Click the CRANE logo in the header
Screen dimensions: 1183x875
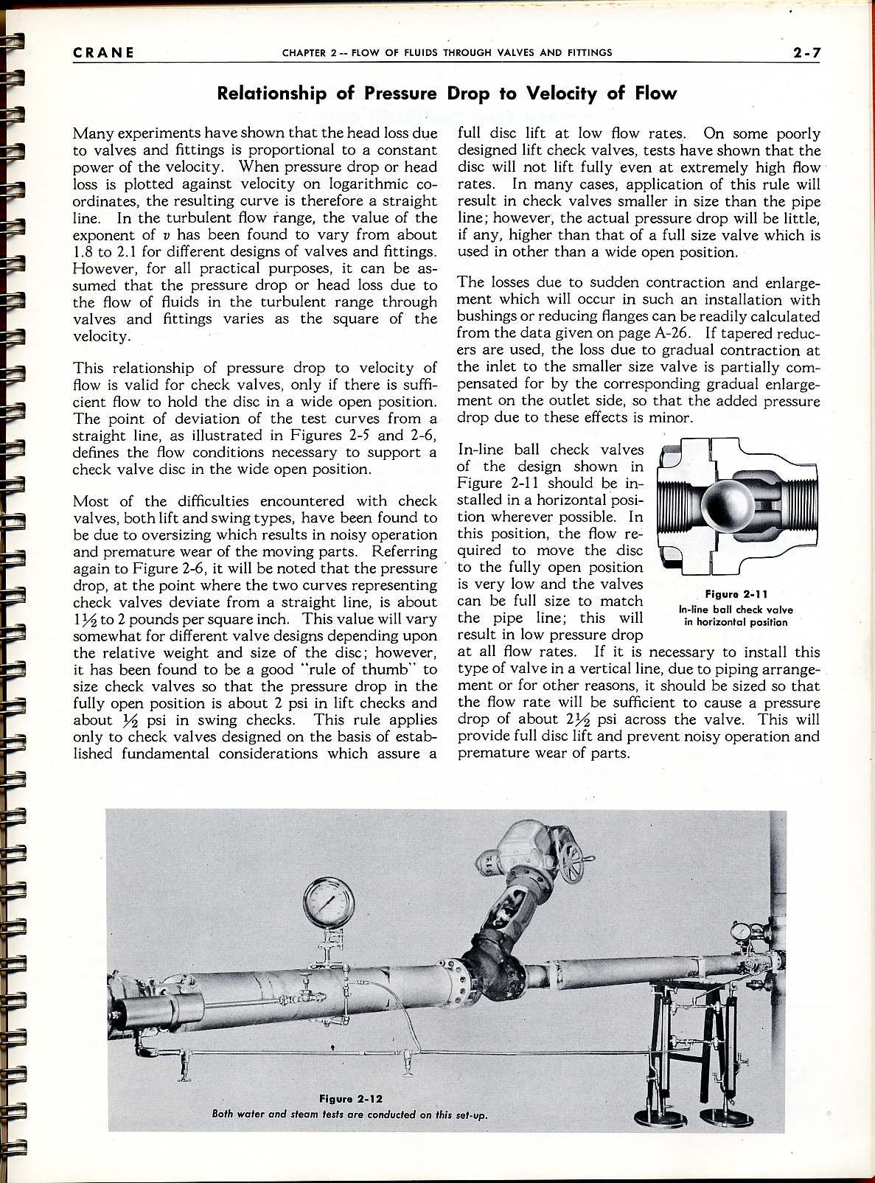(x=103, y=52)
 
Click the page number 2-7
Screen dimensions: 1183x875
(x=806, y=52)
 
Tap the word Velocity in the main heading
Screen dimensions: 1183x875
(x=561, y=94)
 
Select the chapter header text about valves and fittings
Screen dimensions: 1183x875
(x=447, y=52)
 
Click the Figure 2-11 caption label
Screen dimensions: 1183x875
(x=736, y=594)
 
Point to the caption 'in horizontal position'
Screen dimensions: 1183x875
(x=736, y=622)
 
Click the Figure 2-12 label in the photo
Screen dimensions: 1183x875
(x=350, y=1098)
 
